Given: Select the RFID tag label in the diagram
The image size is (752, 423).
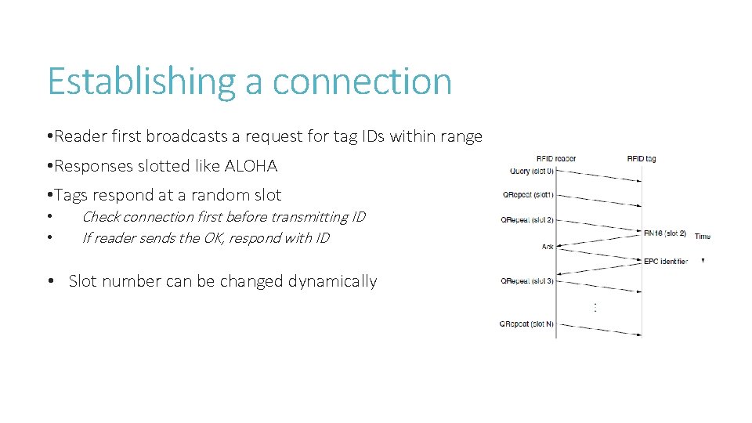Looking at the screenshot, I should tap(641, 158).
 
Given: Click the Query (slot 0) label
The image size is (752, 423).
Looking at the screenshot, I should tap(530, 171).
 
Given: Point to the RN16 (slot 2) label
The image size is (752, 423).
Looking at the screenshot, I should tap(664, 233).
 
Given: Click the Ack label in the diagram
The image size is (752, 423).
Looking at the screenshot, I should tap(547, 247).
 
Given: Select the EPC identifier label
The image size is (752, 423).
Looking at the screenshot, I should tap(665, 261).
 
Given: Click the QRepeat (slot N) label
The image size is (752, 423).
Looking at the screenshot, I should tap(527, 324).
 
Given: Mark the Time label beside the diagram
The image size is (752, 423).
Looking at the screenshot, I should tap(702, 236).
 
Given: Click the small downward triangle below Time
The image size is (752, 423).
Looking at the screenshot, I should tap(703, 260).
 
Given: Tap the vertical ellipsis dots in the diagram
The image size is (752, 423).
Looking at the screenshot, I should tap(595, 307).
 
